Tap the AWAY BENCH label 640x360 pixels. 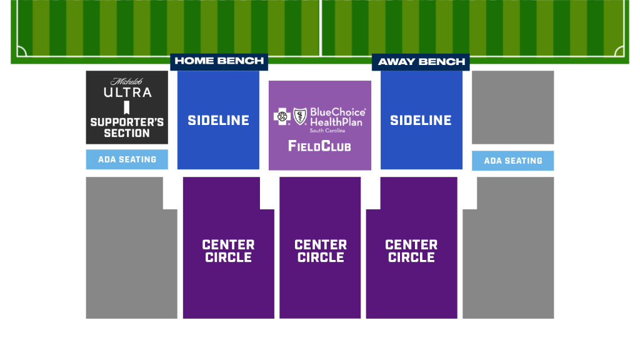tap(421, 62)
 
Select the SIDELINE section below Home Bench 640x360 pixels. tap(218, 120)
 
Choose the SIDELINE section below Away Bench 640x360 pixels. tap(422, 120)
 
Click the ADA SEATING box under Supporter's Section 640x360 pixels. tap(127, 159)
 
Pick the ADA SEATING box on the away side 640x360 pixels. tap(513, 161)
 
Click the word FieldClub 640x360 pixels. tap(319, 146)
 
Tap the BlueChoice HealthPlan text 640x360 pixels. tap(337, 117)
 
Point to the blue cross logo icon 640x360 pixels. tap(282, 117)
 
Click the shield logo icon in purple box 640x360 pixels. tap(300, 116)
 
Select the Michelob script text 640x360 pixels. tap(126, 82)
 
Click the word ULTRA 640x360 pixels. tap(127, 92)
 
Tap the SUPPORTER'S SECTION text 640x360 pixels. tap(127, 127)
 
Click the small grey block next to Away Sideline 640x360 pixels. tap(513, 107)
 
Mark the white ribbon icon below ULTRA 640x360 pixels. tap(127, 107)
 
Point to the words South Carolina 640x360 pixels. tap(327, 131)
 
